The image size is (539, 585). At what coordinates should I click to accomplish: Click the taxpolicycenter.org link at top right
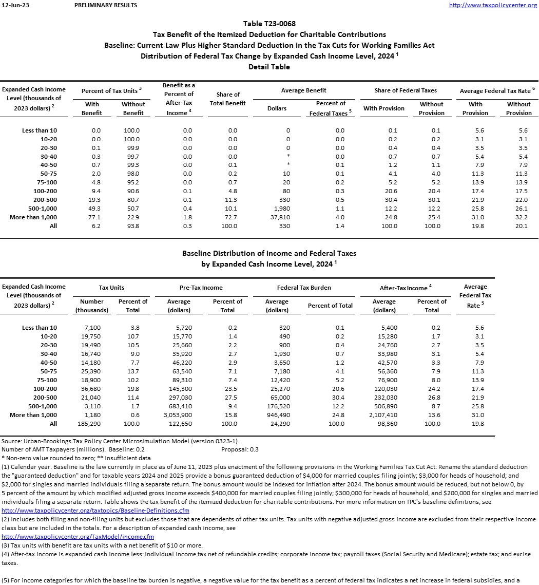pyautogui.click(x=493, y=5)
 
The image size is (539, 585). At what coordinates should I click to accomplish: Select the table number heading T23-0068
pyautogui.click(x=269, y=24)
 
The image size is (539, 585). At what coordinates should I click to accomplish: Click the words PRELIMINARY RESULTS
pyautogui.click(x=106, y=5)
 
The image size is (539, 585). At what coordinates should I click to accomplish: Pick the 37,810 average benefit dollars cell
pyautogui.click(x=277, y=217)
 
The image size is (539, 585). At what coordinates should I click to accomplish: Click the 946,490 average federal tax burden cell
pyautogui.click(x=277, y=415)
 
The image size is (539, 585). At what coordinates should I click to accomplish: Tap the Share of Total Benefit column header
pyautogui.click(x=228, y=99)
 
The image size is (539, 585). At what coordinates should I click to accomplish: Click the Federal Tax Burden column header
pyautogui.click(x=304, y=288)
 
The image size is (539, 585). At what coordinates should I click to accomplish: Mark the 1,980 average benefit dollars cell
pyautogui.click(x=277, y=209)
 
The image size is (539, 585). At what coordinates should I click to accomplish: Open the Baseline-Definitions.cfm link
pyautogui.click(x=95, y=511)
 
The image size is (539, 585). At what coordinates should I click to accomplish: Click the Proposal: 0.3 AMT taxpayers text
pyautogui.click(x=240, y=449)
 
